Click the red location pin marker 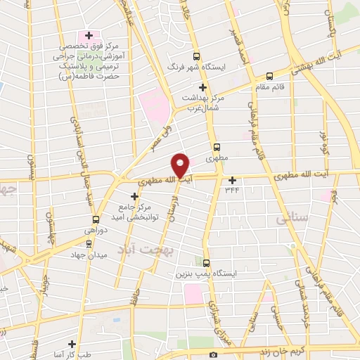click(x=181, y=165)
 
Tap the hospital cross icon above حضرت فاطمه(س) click(x=89, y=35)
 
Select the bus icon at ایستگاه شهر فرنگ click(x=196, y=57)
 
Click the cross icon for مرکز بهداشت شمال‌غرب click(x=202, y=87)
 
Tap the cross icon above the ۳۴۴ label click(x=233, y=179)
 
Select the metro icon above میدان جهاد click(x=89, y=243)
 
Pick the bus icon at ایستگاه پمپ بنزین click(x=206, y=262)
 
